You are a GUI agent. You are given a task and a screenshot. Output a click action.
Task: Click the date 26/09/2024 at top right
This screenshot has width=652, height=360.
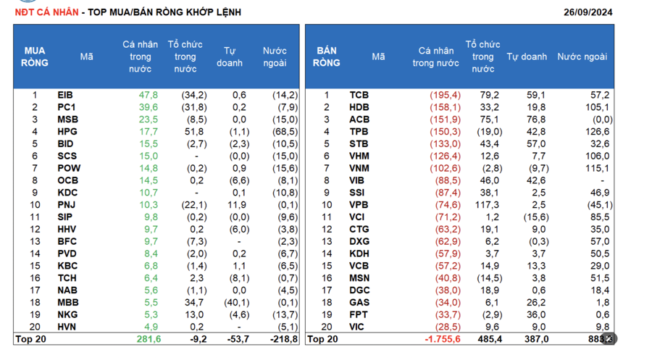[x=588, y=12]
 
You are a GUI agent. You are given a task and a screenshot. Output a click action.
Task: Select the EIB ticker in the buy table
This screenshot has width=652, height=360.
[x=65, y=95]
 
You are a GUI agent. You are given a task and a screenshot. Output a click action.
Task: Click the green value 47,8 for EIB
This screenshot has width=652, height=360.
[x=148, y=95]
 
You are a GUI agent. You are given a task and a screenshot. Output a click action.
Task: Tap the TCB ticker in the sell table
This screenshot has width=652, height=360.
[x=359, y=95]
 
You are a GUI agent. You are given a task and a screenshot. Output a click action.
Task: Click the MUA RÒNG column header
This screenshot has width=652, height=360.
[x=35, y=56]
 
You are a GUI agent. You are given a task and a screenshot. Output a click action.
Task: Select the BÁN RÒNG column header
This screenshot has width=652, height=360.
[x=327, y=56]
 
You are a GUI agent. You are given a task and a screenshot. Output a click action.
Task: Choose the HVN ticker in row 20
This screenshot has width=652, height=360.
[x=67, y=327]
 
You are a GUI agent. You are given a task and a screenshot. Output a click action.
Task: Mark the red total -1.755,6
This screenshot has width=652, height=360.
[x=441, y=339]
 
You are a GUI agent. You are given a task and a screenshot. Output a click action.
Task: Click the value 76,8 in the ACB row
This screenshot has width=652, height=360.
[x=538, y=120]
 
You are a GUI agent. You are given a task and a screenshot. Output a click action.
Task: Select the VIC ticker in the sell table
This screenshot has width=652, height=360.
[x=358, y=327]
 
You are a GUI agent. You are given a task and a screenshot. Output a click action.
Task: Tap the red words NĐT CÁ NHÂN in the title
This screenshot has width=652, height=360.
[x=46, y=12]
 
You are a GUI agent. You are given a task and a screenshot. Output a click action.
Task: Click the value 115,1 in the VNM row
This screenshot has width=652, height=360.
[x=598, y=168]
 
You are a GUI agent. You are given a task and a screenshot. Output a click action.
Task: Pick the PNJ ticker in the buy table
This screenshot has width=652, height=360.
[x=66, y=205]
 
